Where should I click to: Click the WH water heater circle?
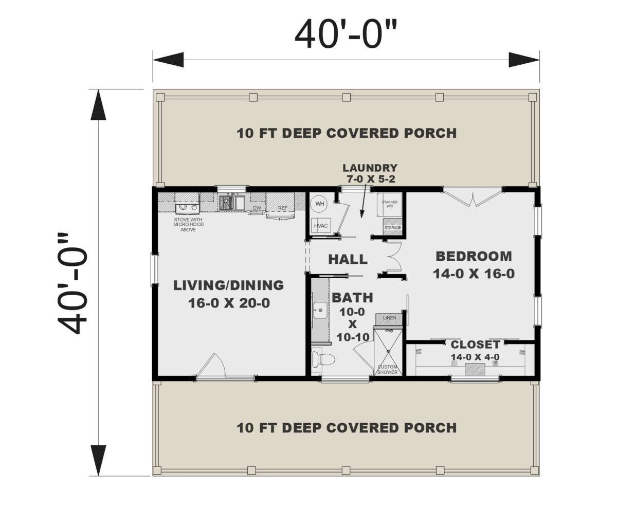(x=319, y=204)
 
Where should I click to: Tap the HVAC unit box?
(x=321, y=226)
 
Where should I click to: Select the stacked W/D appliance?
(x=389, y=205)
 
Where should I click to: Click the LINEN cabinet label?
(x=389, y=318)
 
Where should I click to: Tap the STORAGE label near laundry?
(x=392, y=228)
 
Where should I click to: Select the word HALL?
(x=348, y=259)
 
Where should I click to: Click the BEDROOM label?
(x=474, y=256)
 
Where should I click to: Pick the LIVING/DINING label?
(x=228, y=285)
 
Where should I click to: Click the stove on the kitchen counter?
(x=187, y=207)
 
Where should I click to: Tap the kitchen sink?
(x=232, y=203)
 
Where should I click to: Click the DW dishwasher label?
(x=257, y=208)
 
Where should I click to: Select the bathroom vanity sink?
(x=320, y=310)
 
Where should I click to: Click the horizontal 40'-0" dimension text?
(x=346, y=34)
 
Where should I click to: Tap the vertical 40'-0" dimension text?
(x=72, y=283)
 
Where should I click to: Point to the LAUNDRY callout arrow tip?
(x=361, y=218)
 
